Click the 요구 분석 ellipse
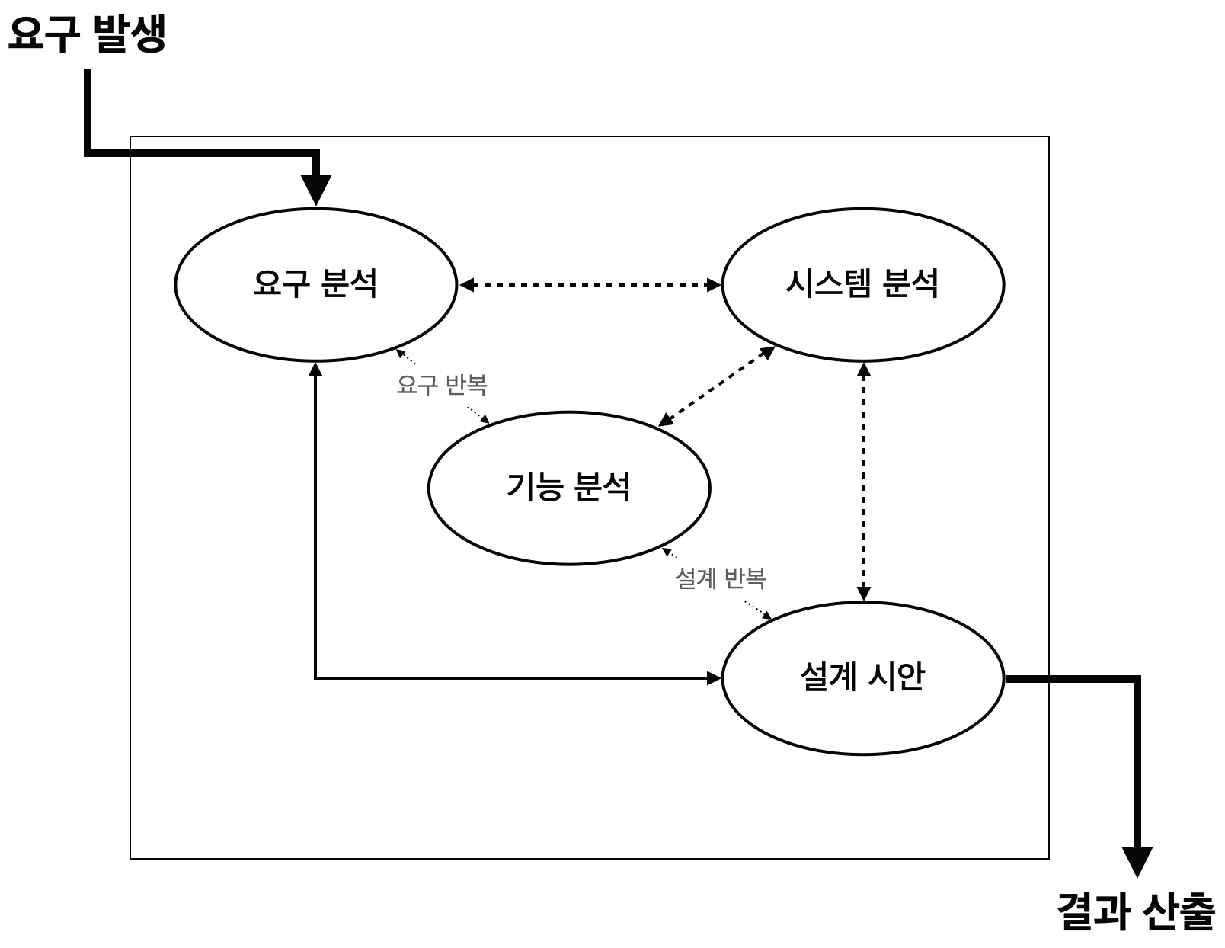click(315, 283)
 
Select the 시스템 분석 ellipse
click(862, 283)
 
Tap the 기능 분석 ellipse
click(569, 488)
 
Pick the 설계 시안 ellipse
click(862, 677)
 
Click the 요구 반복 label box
click(442, 386)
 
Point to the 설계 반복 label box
click(721, 580)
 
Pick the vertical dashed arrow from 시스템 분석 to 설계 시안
click(863, 480)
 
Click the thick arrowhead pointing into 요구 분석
click(315, 191)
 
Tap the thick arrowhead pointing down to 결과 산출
click(1137, 862)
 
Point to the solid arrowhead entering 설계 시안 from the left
click(713, 677)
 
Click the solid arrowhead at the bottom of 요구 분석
click(315, 370)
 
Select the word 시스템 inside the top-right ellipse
click(829, 283)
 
